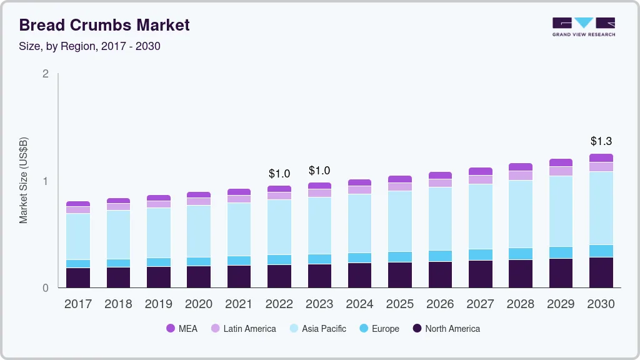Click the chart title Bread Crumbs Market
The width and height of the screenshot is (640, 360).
pos(104,26)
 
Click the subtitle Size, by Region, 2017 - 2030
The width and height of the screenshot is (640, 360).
pos(90,46)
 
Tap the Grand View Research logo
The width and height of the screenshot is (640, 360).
pos(583,26)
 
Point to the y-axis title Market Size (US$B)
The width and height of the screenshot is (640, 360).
pos(24,180)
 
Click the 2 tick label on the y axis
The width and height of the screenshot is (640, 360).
pos(45,74)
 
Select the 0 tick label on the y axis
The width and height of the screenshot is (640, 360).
pos(45,288)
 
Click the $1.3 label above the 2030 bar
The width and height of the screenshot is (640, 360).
pos(601,141)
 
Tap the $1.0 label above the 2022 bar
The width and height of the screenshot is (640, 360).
pos(279,173)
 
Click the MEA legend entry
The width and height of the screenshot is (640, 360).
pos(182,328)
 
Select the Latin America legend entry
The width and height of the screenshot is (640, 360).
pos(243,328)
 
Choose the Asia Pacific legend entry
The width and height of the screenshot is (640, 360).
pos(317,328)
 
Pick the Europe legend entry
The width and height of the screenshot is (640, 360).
pos(379,328)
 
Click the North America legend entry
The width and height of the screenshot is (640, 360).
pos(446,328)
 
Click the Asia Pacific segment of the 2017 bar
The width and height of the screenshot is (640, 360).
pos(78,236)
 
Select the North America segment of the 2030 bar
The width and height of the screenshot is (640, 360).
pos(601,272)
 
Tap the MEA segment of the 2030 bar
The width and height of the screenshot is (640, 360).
pos(601,157)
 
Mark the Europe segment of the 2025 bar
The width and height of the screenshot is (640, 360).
pos(400,257)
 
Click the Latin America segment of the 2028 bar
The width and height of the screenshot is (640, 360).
pos(521,176)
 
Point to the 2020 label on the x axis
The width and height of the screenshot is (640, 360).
pos(199,304)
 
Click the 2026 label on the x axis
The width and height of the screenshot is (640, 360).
pos(440,304)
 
